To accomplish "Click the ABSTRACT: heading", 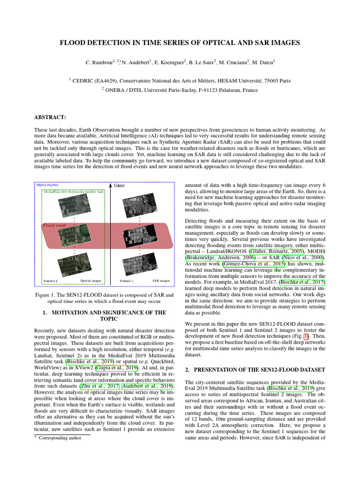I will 50,117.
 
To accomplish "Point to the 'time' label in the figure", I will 120,185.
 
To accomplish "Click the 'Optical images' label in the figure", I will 91,281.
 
